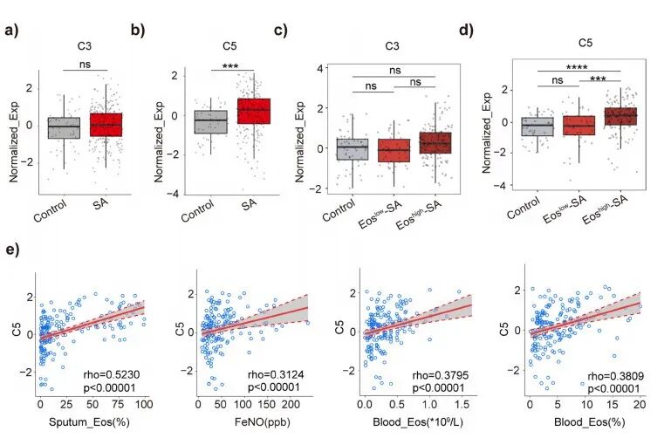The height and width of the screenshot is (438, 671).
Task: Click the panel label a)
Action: click(x=12, y=33)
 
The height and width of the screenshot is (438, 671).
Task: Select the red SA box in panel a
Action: click(x=106, y=124)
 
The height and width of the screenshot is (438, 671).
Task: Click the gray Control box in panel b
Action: click(x=209, y=120)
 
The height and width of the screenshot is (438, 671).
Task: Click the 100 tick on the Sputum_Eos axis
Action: click(x=143, y=407)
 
